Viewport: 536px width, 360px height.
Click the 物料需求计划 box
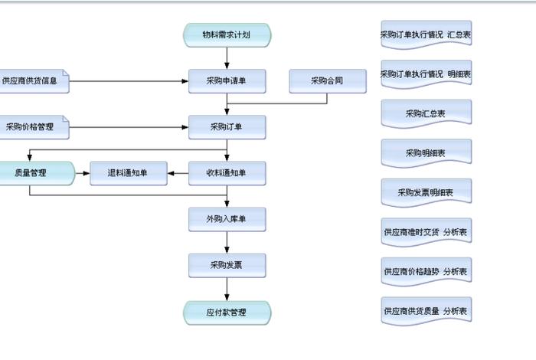tap(227, 35)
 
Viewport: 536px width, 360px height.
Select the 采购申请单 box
tap(227, 80)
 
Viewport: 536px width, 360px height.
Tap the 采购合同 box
tap(327, 80)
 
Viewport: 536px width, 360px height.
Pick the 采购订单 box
tap(227, 127)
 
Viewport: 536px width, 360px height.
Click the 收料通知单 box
tap(227, 173)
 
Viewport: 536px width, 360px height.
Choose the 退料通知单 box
tap(129, 173)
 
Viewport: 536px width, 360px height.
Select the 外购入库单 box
tap(227, 220)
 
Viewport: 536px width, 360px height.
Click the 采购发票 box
tap(227, 266)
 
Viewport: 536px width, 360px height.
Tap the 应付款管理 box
tap(227, 313)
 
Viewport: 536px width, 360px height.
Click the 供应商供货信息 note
tap(34, 80)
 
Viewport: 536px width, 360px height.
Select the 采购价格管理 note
tap(34, 127)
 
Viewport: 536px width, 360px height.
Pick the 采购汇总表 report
tap(426, 113)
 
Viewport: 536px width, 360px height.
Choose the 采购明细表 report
tap(426, 153)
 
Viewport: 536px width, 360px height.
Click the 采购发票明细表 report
tap(426, 192)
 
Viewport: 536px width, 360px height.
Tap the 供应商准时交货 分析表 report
tap(426, 231)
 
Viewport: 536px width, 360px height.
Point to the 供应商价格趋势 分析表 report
tap(426, 271)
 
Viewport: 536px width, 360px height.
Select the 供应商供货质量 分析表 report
tap(426, 311)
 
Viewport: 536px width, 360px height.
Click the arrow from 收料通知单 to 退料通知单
tap(178, 173)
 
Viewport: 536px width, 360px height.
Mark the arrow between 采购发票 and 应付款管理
tap(227, 290)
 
